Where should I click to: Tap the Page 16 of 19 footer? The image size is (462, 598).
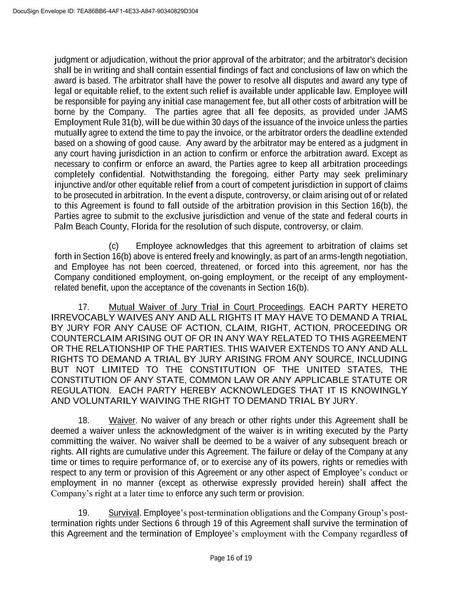[231, 558]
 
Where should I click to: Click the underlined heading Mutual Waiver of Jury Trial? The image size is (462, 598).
[206, 307]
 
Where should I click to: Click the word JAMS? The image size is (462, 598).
[395, 112]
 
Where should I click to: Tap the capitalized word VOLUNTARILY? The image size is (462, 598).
[103, 401]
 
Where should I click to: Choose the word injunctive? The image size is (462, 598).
[73, 185]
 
